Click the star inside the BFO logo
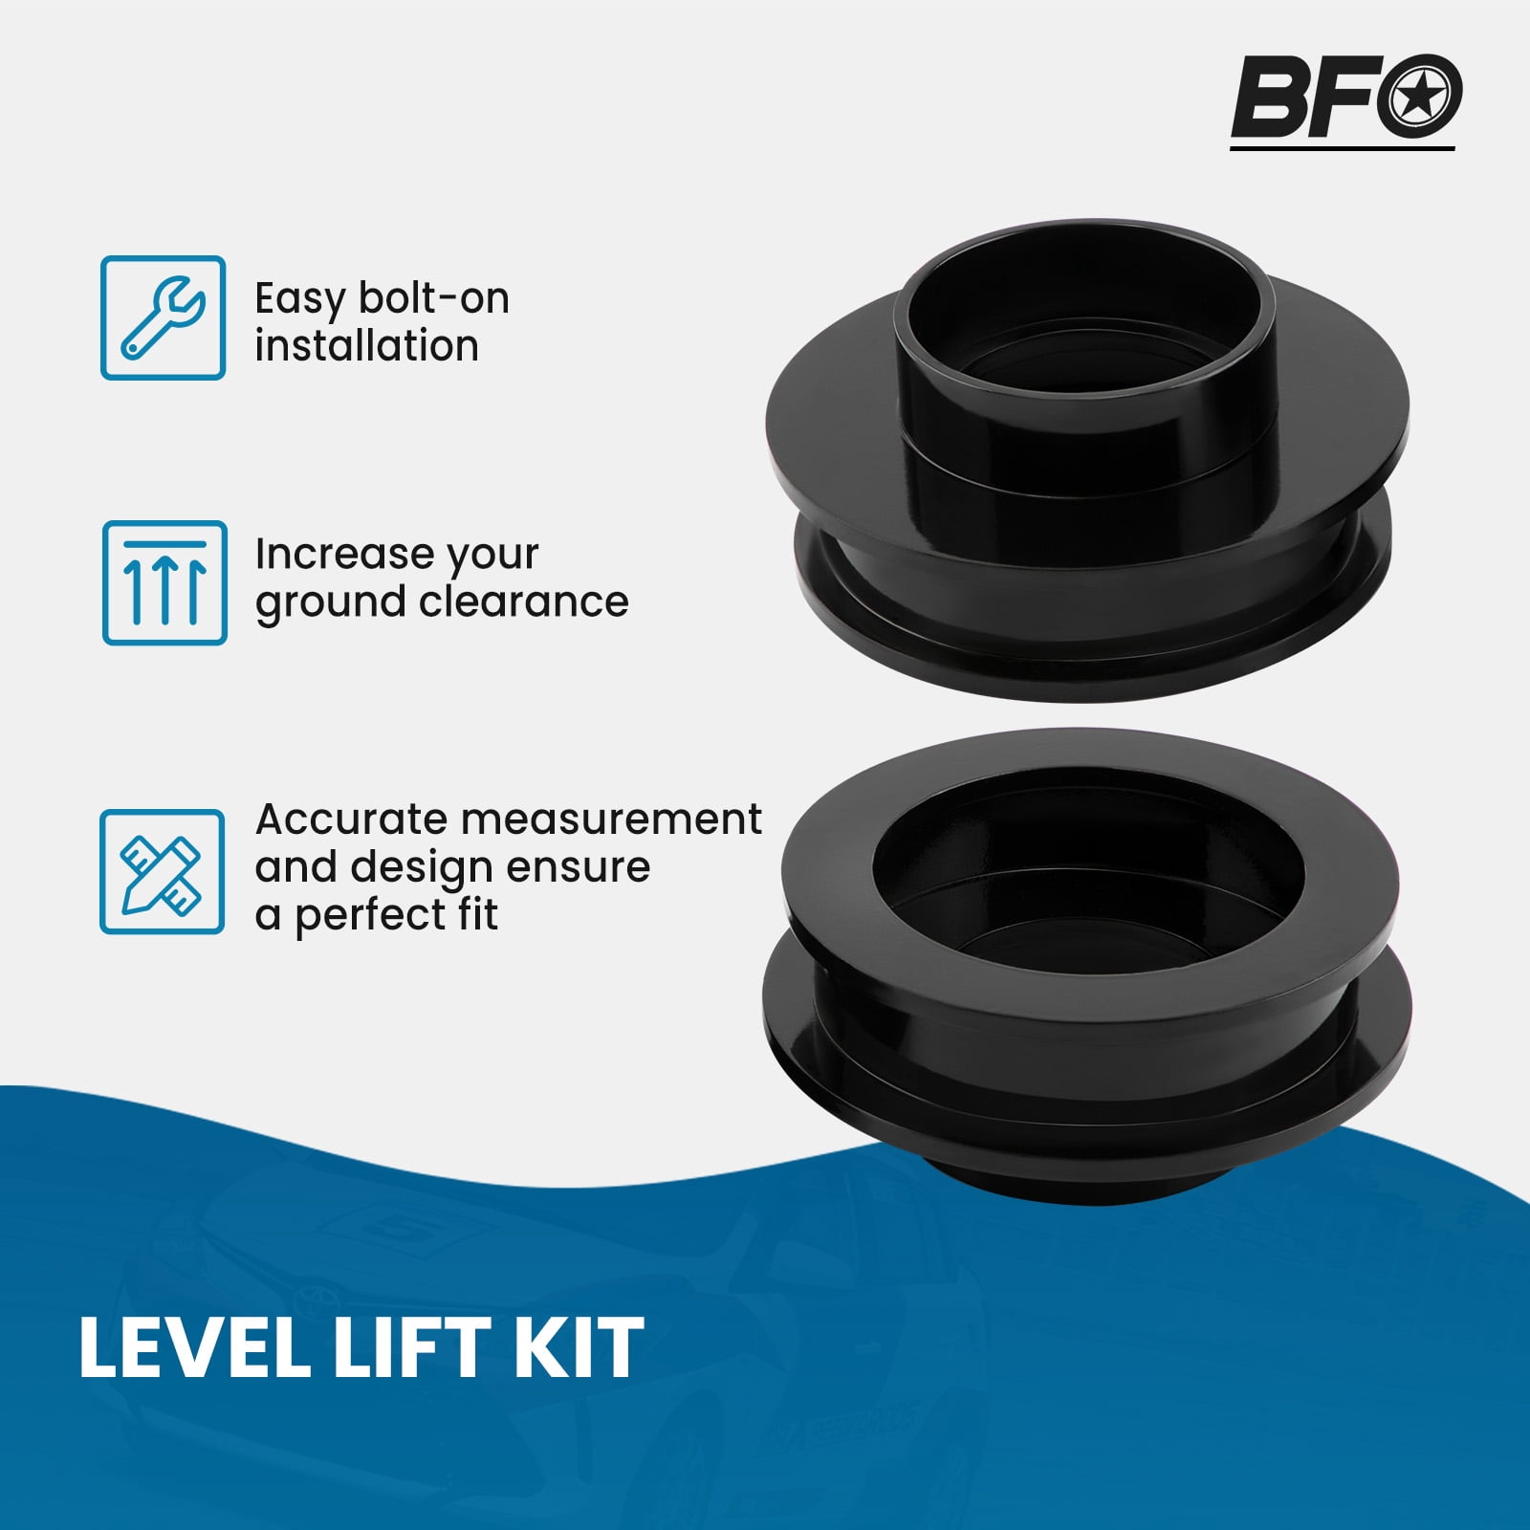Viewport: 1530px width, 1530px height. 1419,96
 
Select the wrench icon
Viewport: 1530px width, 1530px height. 164,317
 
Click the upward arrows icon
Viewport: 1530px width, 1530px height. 164,582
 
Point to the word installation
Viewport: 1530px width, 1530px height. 366,345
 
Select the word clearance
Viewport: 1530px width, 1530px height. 524,601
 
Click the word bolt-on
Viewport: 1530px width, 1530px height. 434,298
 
